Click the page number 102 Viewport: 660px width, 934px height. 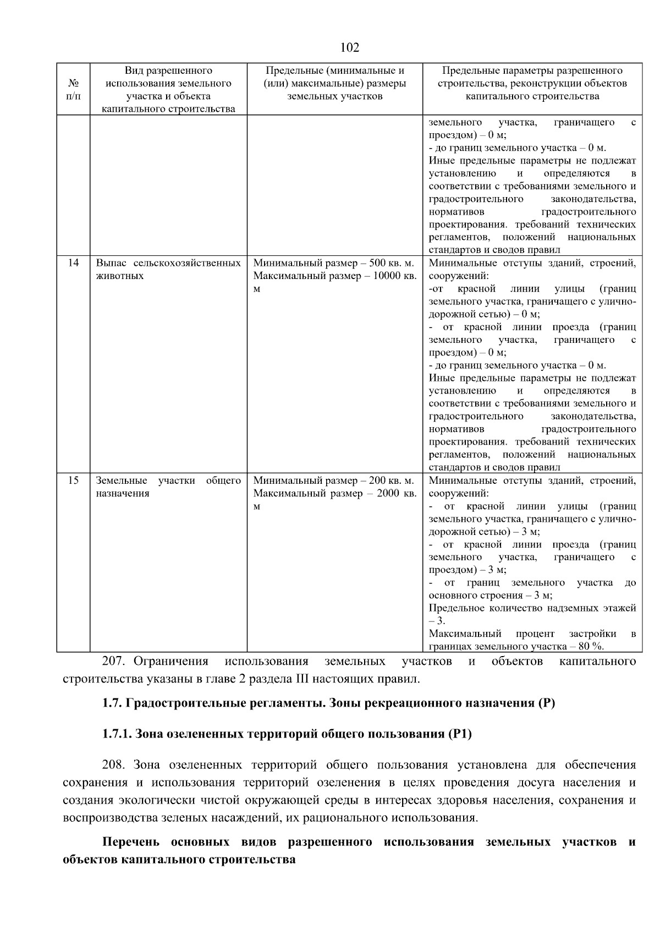(350, 48)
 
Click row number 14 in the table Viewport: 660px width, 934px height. (73, 263)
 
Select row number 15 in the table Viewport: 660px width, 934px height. (73, 480)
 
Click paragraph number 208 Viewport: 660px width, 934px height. (115, 765)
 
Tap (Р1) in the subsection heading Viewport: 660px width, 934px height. (460, 734)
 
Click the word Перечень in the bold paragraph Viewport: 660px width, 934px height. (131, 842)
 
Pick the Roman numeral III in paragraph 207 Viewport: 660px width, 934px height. (302, 679)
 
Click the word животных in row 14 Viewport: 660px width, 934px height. (120, 276)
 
